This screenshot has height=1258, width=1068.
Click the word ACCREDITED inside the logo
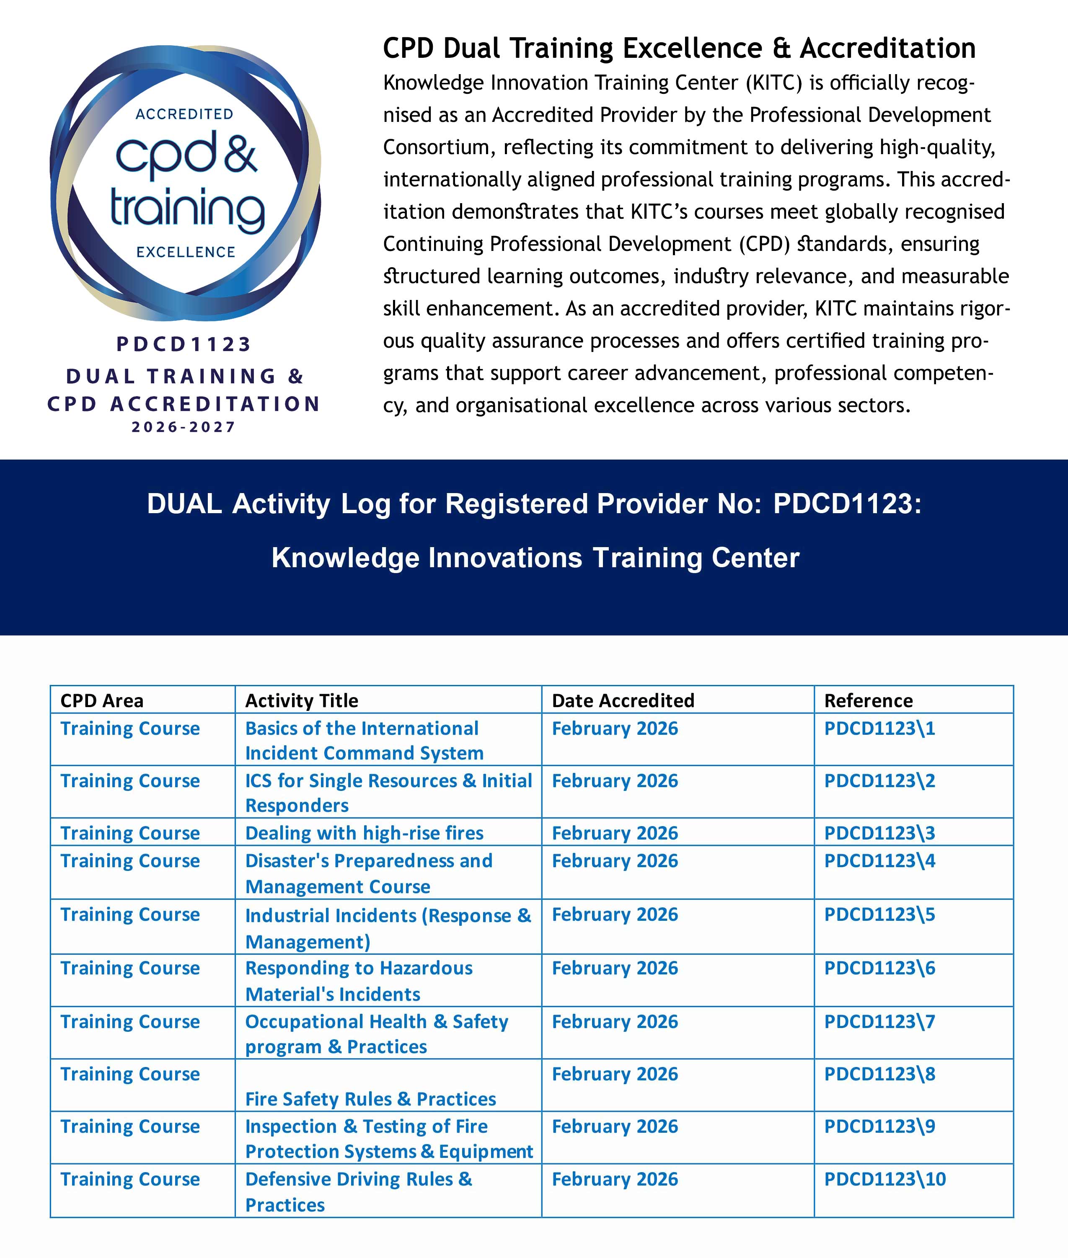[184, 114]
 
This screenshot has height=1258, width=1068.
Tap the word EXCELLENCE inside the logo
[185, 252]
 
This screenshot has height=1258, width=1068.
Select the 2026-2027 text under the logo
[184, 427]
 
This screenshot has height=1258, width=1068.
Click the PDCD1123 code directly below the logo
[184, 344]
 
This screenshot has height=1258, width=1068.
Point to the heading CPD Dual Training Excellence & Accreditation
[679, 49]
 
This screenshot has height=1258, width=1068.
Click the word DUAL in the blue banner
[184, 503]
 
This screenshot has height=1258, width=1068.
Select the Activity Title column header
[302, 700]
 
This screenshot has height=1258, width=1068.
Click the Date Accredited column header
[623, 700]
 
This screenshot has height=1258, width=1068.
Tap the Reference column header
[868, 700]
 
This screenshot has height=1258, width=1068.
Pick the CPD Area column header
[102, 700]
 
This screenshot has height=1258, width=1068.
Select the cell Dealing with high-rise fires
[364, 833]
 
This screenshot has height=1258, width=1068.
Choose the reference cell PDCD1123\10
[884, 1179]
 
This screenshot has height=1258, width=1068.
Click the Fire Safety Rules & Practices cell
[370, 1099]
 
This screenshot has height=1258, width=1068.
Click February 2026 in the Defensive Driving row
[615, 1179]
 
